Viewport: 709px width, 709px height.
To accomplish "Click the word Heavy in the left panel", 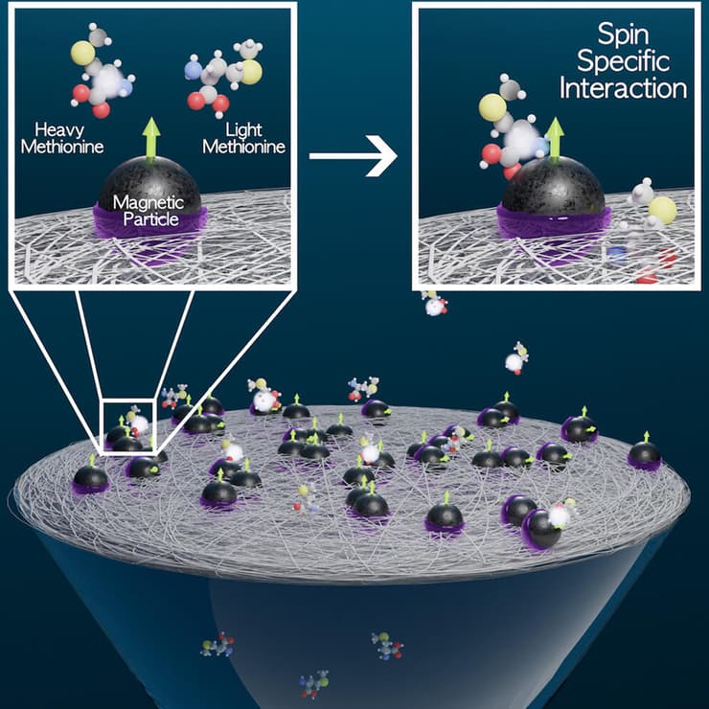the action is coord(59,130).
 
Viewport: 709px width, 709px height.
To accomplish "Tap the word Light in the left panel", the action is coord(243,130).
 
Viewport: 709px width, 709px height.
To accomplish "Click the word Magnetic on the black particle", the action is coord(149,203).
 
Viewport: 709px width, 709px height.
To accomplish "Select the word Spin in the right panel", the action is coord(623,35).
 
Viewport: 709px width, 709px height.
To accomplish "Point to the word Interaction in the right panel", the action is coord(623,88).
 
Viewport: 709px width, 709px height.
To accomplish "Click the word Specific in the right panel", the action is coord(623,61).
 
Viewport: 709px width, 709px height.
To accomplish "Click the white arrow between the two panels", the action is coord(354,155).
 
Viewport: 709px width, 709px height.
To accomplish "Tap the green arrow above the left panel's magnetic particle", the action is coord(151,140).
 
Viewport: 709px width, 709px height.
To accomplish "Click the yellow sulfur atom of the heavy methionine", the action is coord(82,54).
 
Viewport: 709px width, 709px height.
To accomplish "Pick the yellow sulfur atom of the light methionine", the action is coord(250,72).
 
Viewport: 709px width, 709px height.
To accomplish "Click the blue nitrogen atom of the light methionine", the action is coord(194,71).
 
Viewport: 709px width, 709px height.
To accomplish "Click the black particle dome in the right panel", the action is coord(554,186).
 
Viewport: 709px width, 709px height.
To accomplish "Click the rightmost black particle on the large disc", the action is coord(645,454).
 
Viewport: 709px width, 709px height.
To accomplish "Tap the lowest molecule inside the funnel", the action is coord(314,684).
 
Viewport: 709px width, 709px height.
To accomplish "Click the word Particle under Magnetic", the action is coord(150,219).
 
